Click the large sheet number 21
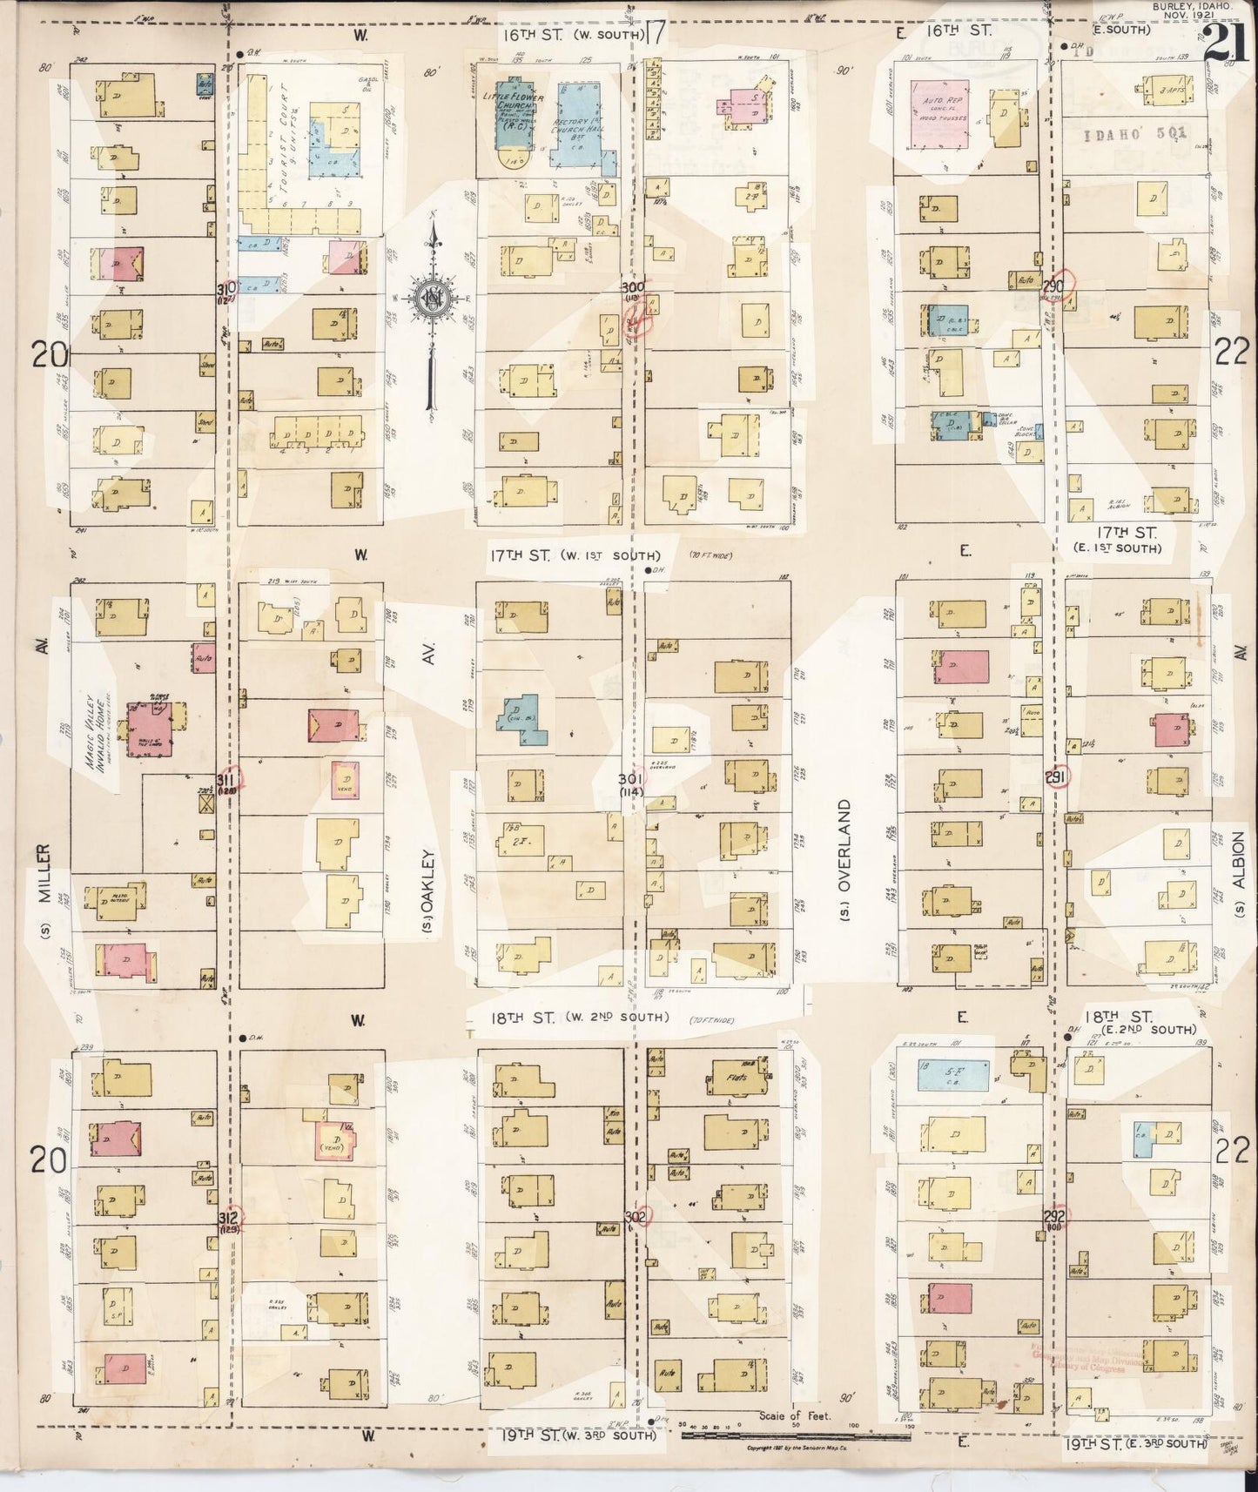point(1221,42)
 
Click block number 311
point(225,779)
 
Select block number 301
point(630,779)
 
